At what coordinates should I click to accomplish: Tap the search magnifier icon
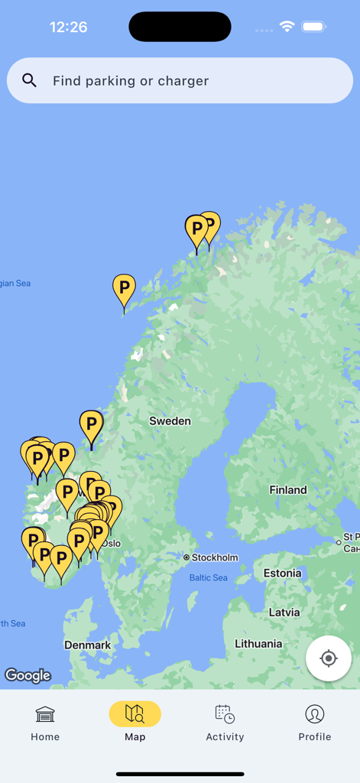30,80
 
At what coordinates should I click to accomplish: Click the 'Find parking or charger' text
131,81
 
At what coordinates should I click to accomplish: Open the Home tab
45,723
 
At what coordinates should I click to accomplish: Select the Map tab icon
135,713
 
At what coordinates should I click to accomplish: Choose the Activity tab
225,723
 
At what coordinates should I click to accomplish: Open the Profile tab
315,723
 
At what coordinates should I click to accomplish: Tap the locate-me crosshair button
329,658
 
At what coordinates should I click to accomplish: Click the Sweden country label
170,421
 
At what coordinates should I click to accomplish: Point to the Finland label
288,490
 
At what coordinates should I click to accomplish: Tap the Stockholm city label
214,557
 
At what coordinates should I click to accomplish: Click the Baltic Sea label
209,578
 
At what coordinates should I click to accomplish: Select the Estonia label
282,573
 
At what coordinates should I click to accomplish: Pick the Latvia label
284,612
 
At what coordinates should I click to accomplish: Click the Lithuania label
258,644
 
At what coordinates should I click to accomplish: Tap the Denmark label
87,645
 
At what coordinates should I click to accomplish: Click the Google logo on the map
28,675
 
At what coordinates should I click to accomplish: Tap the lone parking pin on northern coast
124,291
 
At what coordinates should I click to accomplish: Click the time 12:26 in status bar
68,28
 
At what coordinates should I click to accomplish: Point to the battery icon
313,27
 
